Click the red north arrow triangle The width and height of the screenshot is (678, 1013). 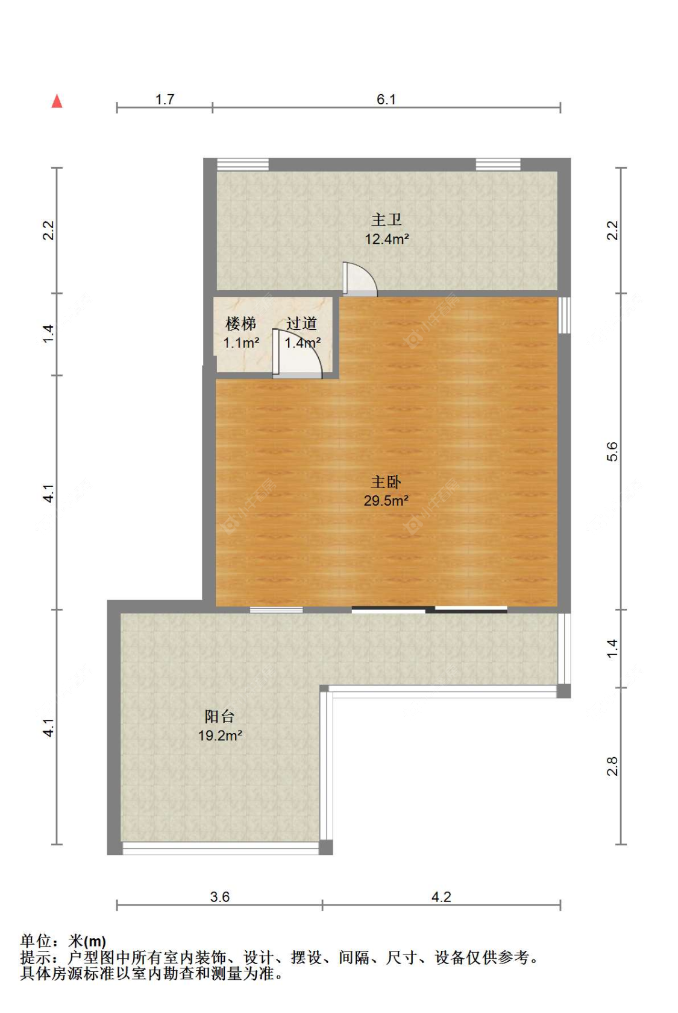(57, 101)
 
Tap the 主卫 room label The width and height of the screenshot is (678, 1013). (386, 220)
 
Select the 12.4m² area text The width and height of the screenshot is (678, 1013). (386, 239)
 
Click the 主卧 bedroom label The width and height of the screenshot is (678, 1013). (386, 482)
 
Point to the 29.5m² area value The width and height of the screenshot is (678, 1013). (386, 501)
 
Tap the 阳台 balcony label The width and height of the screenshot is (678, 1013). (219, 716)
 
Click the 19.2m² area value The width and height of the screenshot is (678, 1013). (220, 735)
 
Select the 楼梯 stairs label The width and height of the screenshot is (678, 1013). (240, 324)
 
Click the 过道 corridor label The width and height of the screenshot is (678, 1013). (301, 324)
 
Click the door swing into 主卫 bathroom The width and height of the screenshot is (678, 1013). (359, 279)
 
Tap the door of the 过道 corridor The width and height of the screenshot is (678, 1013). (297, 355)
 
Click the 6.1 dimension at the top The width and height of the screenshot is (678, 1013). (386, 100)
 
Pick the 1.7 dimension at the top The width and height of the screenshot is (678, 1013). (165, 100)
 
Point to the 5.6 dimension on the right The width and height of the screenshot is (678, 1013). (612, 451)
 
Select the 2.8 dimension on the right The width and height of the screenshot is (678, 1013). (612, 766)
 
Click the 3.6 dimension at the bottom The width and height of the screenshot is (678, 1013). (220, 897)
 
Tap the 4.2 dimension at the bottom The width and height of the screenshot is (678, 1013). (441, 897)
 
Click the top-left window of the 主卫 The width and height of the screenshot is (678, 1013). (242, 164)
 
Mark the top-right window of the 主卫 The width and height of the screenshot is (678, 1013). (498, 164)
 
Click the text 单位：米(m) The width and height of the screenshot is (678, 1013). (63, 941)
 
